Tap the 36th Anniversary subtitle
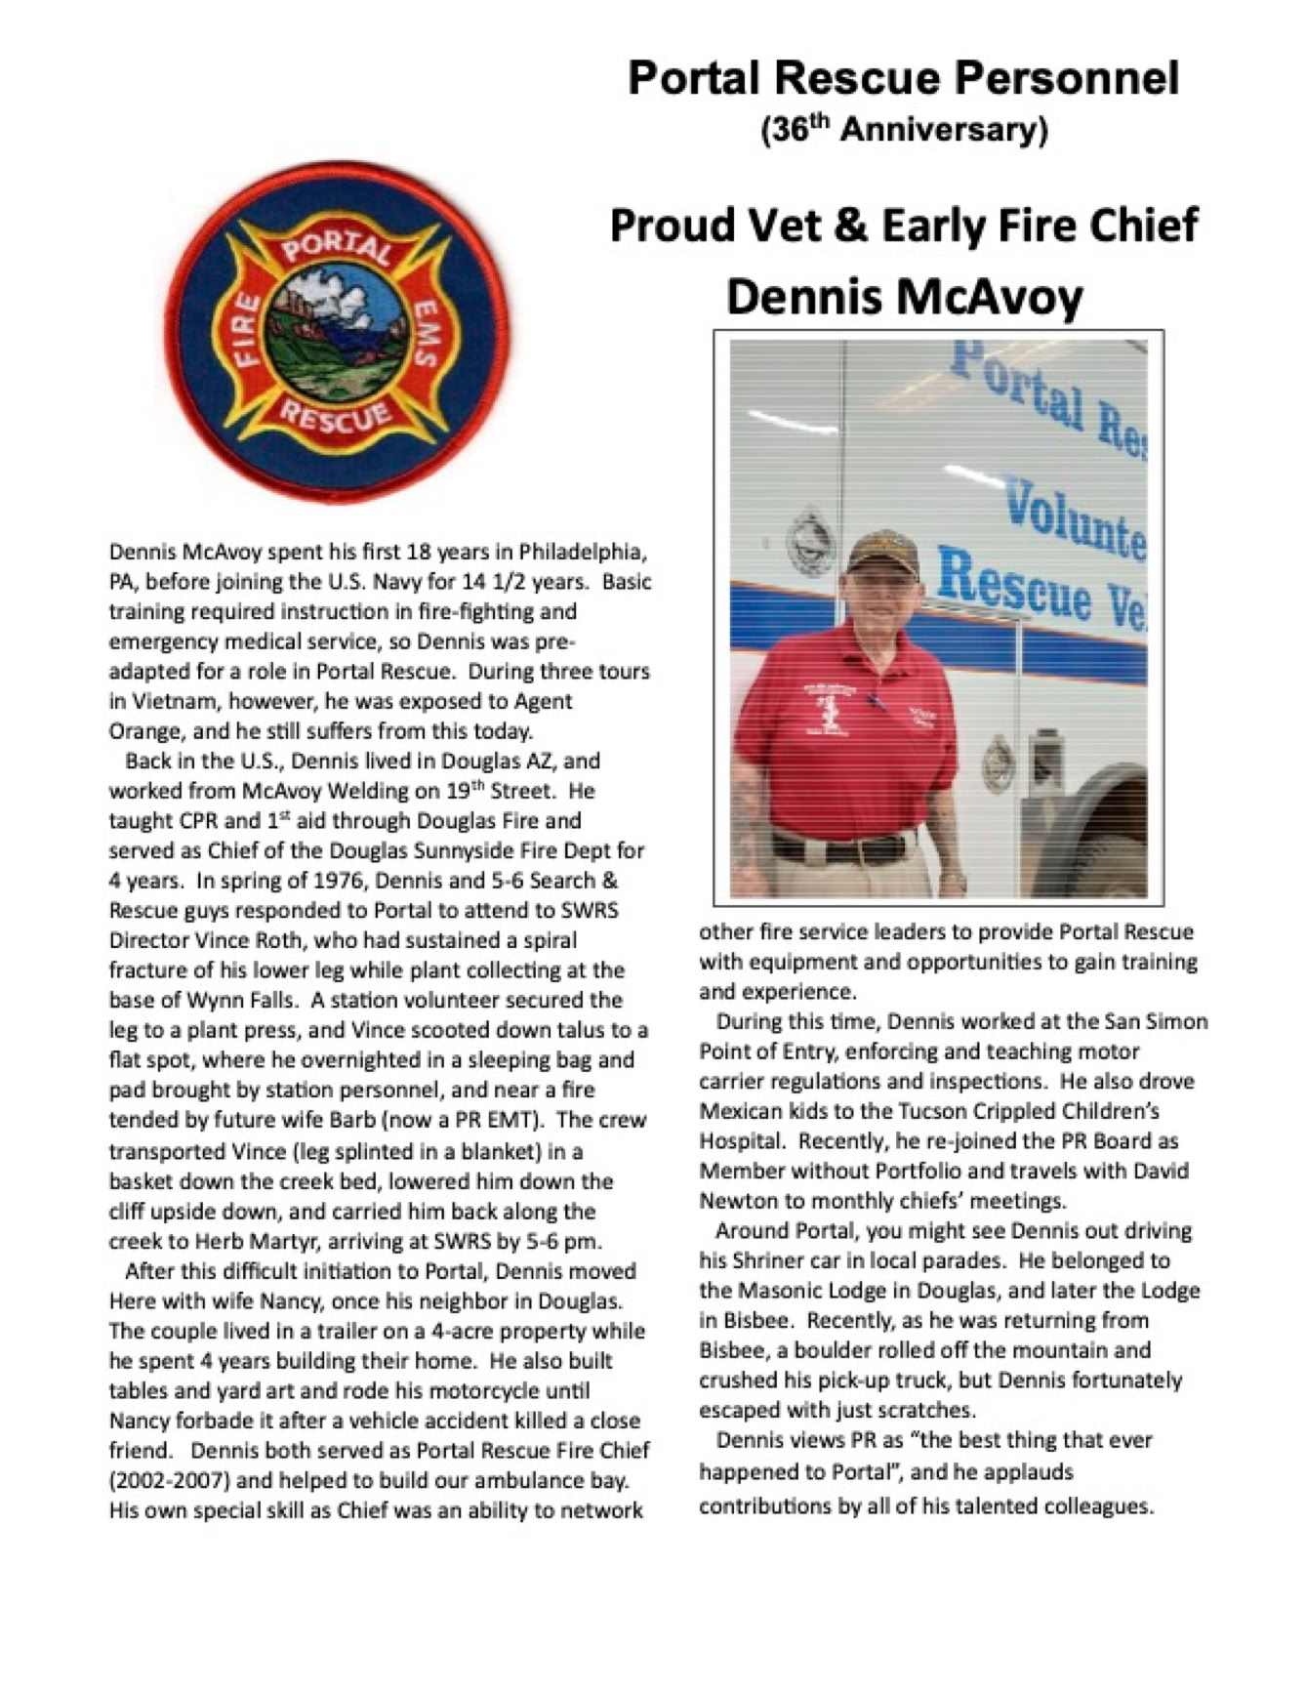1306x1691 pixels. pos(904,130)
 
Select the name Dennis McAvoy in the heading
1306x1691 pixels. pos(904,297)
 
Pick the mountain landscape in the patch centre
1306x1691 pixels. pos(338,337)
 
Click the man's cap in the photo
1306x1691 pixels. pos(881,554)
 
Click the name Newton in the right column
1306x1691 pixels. pos(738,1200)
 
